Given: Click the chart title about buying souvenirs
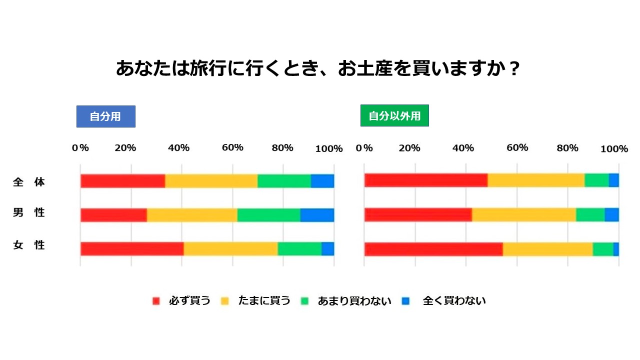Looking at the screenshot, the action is (x=317, y=68).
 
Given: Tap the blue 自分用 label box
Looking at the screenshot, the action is (x=105, y=116).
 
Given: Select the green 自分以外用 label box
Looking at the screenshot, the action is (x=394, y=115).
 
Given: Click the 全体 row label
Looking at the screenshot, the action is (x=29, y=182).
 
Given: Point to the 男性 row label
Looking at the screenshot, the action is (x=29, y=212).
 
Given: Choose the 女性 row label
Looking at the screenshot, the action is (x=29, y=245).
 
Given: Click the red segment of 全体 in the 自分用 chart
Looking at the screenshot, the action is (x=123, y=181).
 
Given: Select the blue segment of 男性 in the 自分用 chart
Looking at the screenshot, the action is (x=317, y=215).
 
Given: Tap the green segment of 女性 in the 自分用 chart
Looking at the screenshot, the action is (x=299, y=249).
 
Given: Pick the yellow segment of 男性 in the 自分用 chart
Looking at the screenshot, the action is (x=192, y=215).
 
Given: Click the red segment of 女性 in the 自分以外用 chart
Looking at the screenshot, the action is (x=433, y=249).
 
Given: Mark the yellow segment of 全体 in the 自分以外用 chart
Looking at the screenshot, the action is (x=536, y=180).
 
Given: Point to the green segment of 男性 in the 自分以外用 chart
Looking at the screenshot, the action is (x=590, y=215).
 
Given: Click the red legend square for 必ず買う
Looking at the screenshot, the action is (x=156, y=301).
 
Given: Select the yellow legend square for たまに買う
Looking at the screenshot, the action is (x=225, y=301).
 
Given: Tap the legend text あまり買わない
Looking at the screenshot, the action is (x=354, y=301).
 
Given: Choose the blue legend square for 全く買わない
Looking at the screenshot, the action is (x=405, y=301).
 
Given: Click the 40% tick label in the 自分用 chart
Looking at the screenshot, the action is (x=178, y=147).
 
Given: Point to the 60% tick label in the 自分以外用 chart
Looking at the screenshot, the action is (x=517, y=147).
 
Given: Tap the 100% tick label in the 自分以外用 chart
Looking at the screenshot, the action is (x=614, y=148).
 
